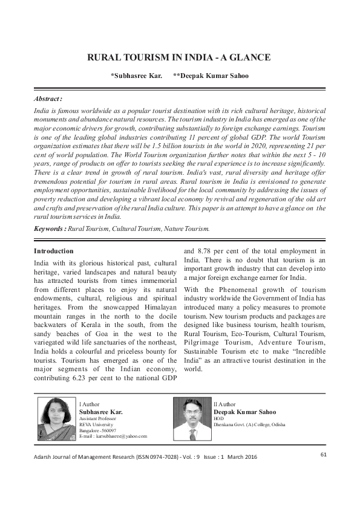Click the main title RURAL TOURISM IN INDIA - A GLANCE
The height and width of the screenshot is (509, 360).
(x=179, y=58)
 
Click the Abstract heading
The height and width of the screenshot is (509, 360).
(x=48, y=98)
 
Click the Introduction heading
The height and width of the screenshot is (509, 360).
(x=54, y=250)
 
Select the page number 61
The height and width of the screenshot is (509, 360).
(x=324, y=454)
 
